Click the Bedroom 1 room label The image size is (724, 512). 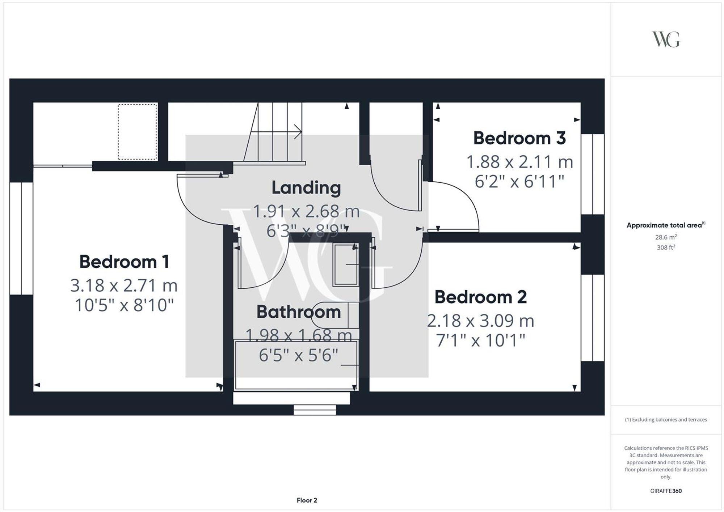click(124, 262)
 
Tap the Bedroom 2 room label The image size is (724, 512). click(480, 297)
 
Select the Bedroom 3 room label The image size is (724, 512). click(519, 138)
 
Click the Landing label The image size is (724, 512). click(306, 188)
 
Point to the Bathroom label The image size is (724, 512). click(299, 312)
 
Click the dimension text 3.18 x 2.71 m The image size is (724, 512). click(124, 285)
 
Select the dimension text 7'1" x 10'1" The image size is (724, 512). click(480, 340)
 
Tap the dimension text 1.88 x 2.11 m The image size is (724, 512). click(519, 162)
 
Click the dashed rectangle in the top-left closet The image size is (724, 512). click(137, 132)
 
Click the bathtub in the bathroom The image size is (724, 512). click(296, 365)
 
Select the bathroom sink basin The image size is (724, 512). click(346, 265)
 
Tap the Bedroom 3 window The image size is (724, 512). click(593, 174)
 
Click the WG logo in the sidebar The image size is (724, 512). click(666, 39)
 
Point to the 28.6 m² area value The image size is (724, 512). click(666, 237)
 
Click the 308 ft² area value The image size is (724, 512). click(666, 248)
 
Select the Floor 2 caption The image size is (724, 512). click(307, 500)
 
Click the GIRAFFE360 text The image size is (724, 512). click(666, 491)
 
